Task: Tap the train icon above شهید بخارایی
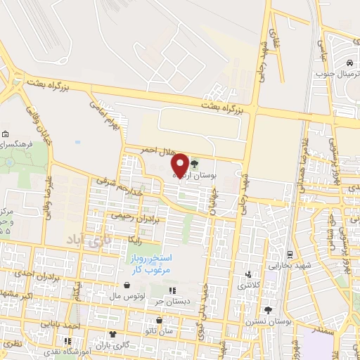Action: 289,253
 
